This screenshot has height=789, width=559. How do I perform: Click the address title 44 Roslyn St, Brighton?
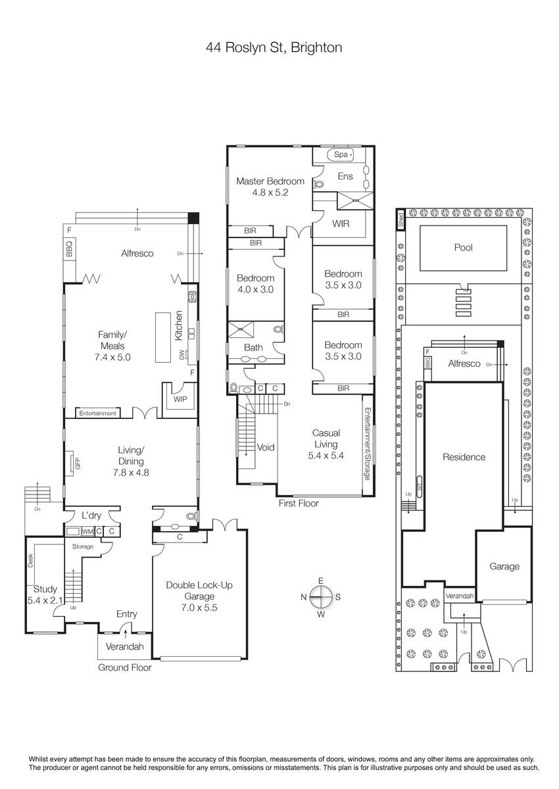pyautogui.click(x=274, y=47)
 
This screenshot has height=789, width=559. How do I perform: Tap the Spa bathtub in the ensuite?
pyautogui.click(x=340, y=155)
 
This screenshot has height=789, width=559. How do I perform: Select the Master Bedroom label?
pyautogui.click(x=270, y=181)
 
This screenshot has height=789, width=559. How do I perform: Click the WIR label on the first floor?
pyautogui.click(x=341, y=224)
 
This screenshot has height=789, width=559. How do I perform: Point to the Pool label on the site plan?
pyautogui.click(x=463, y=247)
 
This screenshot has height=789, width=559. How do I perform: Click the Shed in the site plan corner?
pyautogui.click(x=401, y=220)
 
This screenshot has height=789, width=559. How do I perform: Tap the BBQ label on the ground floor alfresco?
pyautogui.click(x=69, y=249)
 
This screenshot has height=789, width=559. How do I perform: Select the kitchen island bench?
pyautogui.click(x=163, y=337)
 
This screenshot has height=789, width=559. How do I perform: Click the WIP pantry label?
pyautogui.click(x=180, y=399)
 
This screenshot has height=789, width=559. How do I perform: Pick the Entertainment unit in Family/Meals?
pyautogui.click(x=97, y=413)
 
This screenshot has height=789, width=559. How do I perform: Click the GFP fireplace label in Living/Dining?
pyautogui.click(x=78, y=463)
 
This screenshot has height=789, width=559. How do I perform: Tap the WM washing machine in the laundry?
pyautogui.click(x=87, y=531)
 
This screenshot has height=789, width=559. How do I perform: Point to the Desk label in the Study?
pyautogui.click(x=31, y=560)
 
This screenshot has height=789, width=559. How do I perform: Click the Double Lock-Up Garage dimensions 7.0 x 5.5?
pyautogui.click(x=199, y=608)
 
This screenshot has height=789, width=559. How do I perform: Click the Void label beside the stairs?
pyautogui.click(x=266, y=447)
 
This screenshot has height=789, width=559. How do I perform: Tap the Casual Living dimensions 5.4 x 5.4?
pyautogui.click(x=326, y=456)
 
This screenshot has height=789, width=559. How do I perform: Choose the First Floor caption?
pyautogui.click(x=299, y=504)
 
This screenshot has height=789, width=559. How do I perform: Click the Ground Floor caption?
pyautogui.click(x=125, y=667)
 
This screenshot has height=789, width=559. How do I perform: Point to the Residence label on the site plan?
pyautogui.click(x=464, y=457)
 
